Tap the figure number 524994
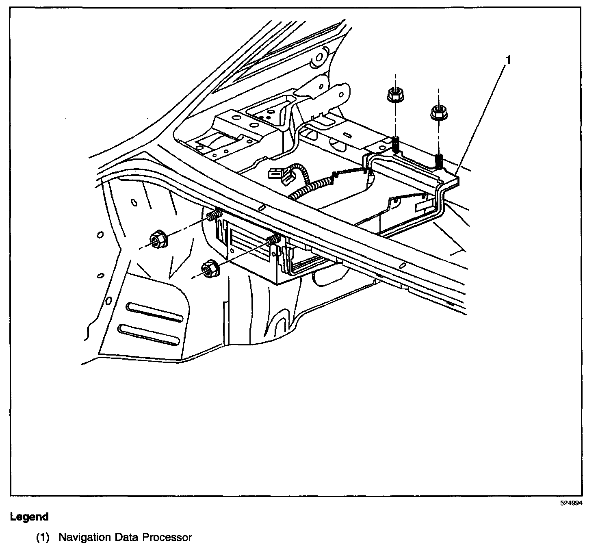(x=572, y=503)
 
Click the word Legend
(x=29, y=517)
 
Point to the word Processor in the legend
(x=167, y=538)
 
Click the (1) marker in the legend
(x=43, y=538)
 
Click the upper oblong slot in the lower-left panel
(x=155, y=312)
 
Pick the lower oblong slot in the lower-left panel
(x=148, y=334)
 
